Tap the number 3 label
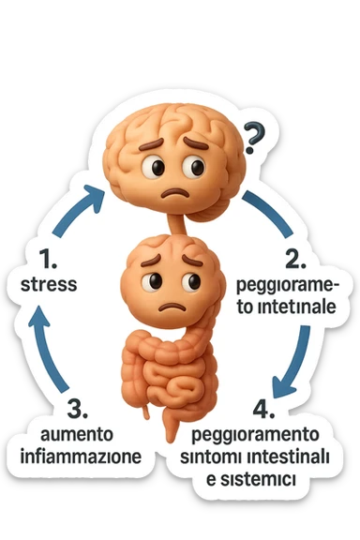point(79,410)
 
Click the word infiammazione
point(81,457)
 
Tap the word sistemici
point(268,479)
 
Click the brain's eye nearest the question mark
point(196,167)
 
